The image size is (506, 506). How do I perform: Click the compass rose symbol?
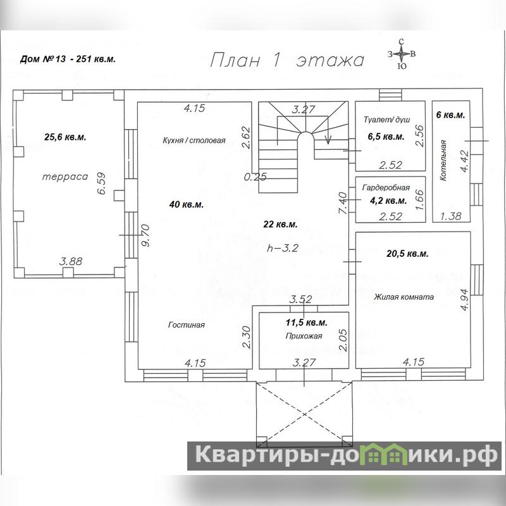[402, 54]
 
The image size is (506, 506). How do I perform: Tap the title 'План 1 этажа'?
[287, 60]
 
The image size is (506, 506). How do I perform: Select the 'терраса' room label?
[65, 176]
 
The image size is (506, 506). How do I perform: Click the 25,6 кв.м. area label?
[65, 137]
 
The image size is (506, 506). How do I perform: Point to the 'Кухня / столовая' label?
[194, 140]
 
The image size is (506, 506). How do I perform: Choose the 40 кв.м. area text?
[187, 204]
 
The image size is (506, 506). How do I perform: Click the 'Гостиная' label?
[187, 324]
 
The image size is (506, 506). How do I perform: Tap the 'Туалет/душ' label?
[386, 120]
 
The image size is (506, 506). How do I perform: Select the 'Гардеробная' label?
[386, 187]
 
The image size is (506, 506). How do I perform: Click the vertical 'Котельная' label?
[443, 160]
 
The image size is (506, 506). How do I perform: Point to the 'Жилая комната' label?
[404, 297]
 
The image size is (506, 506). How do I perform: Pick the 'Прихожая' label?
[304, 336]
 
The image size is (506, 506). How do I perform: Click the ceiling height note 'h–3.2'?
[283, 248]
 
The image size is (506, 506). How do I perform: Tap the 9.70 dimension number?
[145, 235]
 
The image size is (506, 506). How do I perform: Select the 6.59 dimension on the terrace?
[101, 183]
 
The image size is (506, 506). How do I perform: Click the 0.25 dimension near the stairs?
[256, 176]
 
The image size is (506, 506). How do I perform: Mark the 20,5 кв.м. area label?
[407, 254]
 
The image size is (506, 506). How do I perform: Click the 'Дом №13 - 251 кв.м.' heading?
[68, 59]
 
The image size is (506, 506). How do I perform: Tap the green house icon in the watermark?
[387, 454]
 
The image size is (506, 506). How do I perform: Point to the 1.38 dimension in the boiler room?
[451, 216]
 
